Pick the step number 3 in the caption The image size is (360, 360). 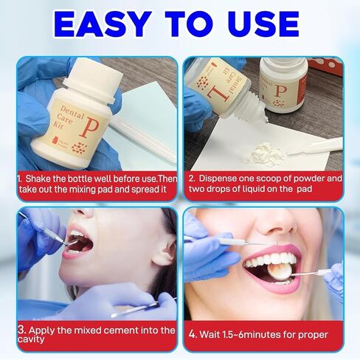click(x=22, y=330)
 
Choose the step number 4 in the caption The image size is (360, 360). click(x=193, y=333)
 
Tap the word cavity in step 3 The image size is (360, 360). click(x=34, y=340)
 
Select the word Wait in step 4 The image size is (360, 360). click(x=212, y=333)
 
